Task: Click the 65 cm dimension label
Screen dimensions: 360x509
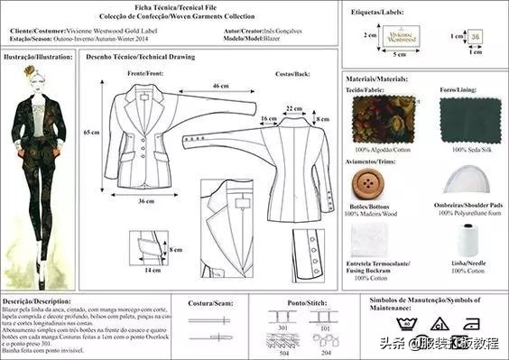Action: pyautogui.click(x=91, y=132)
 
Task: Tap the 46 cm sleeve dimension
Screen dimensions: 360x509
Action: pyautogui.click(x=219, y=86)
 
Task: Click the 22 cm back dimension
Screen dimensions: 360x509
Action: pyautogui.click(x=293, y=108)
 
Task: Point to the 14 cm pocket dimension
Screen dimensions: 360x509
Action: pyautogui.click(x=153, y=269)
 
